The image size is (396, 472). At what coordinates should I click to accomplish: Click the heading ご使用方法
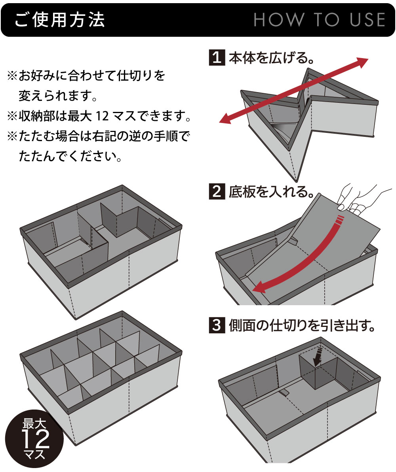(x=59, y=20)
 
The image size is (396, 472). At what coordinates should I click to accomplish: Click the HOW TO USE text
(x=320, y=20)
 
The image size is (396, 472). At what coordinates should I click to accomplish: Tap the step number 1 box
(x=217, y=57)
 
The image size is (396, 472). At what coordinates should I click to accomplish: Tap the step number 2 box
(x=217, y=191)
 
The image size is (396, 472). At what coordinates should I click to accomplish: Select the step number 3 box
(x=217, y=325)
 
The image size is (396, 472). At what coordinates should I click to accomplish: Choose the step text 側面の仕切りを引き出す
(x=302, y=325)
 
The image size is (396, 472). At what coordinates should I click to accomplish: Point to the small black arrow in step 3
(x=318, y=356)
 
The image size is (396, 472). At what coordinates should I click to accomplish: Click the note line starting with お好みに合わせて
(x=86, y=75)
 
